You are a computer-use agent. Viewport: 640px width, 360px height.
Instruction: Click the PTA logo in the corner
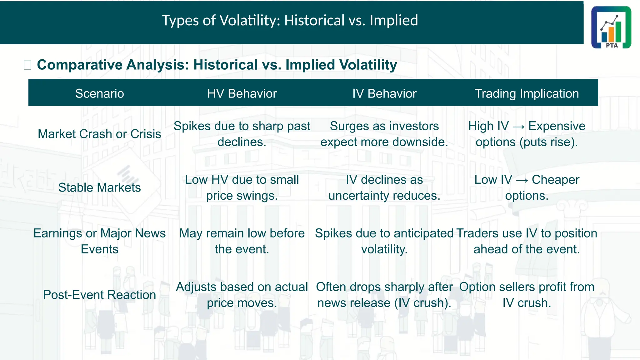point(611,27)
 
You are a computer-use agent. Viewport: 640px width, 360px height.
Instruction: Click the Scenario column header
point(99,93)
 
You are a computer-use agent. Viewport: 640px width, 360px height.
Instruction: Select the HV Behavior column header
point(242,93)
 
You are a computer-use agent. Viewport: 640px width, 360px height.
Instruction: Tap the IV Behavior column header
point(384,93)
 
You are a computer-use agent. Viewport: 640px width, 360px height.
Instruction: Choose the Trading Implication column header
point(527,93)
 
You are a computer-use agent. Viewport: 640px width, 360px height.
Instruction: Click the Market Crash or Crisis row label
point(99,134)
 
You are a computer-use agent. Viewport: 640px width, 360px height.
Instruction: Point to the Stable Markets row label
point(99,187)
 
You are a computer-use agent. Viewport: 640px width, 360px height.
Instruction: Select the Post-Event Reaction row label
point(99,295)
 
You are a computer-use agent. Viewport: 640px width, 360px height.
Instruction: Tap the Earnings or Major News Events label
point(99,241)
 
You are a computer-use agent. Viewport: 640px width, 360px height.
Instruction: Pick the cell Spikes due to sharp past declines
point(242,134)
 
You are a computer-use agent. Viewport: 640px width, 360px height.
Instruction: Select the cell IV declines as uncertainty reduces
point(384,187)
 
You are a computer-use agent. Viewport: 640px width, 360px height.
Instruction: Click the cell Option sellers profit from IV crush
point(527,295)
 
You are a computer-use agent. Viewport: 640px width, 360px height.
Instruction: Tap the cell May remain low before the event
point(242,241)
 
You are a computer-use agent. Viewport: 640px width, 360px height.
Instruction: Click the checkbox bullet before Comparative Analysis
point(27,65)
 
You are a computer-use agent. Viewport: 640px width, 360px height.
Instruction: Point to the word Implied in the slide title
point(393,20)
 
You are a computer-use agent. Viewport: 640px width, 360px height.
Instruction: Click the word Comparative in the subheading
point(80,65)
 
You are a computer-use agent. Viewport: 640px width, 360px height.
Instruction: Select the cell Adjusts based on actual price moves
point(242,295)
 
